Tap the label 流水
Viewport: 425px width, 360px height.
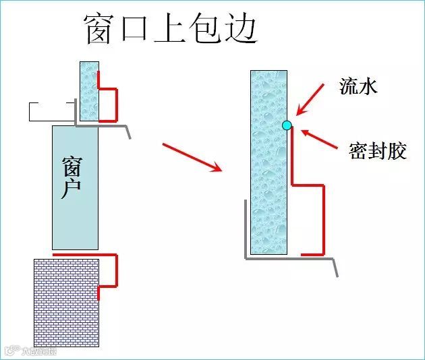pos(358,86)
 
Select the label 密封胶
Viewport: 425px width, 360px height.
pos(378,150)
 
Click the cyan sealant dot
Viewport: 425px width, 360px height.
pos(287,125)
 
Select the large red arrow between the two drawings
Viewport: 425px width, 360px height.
pos(192,156)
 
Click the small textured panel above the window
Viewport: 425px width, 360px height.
pos(89,91)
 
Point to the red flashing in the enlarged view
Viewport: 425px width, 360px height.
pos(322,216)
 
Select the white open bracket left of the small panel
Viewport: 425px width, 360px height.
pos(51,112)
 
